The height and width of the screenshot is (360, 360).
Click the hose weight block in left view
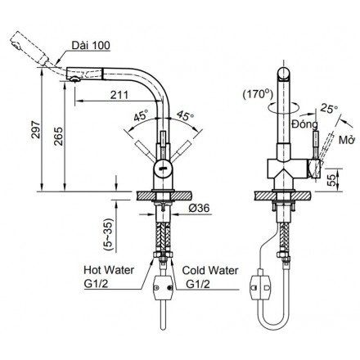[x=161, y=287]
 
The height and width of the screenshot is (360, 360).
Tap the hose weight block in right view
[x=261, y=286]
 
